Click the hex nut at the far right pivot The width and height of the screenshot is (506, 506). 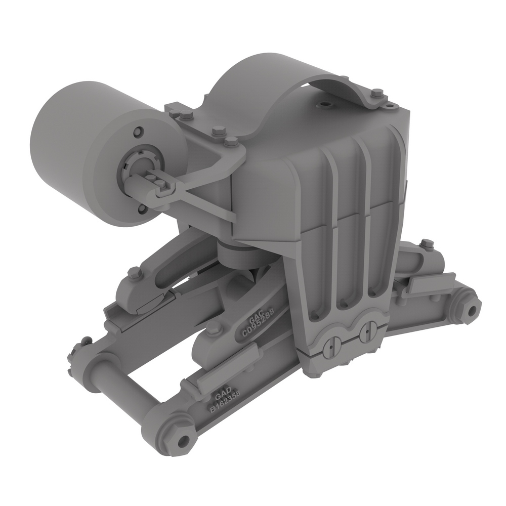point(471,309)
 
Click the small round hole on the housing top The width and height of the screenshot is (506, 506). point(325,105)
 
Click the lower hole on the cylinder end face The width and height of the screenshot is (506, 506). point(142,207)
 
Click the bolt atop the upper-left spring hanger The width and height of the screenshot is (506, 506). point(134,273)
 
